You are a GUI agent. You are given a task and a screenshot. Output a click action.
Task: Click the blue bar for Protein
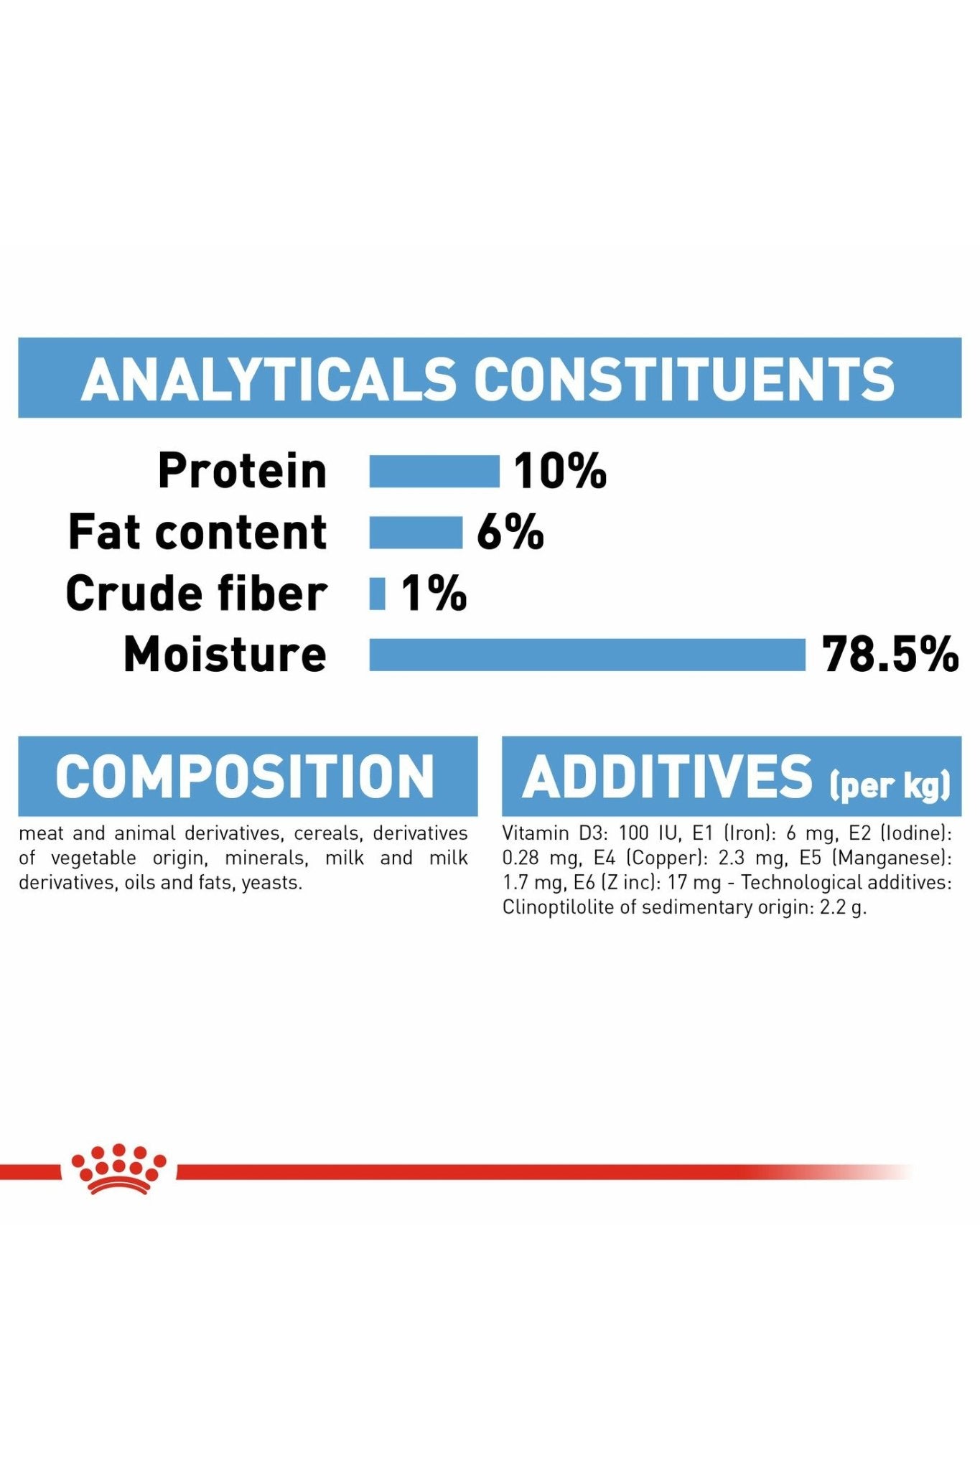click(x=434, y=472)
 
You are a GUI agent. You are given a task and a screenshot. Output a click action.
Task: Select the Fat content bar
click(x=416, y=533)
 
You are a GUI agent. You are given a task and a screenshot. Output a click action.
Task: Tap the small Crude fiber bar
click(x=377, y=594)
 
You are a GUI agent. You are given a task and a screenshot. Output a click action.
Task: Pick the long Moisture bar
click(x=587, y=655)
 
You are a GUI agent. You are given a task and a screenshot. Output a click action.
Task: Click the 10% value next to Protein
click(x=560, y=472)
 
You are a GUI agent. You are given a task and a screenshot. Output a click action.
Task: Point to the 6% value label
click(x=510, y=533)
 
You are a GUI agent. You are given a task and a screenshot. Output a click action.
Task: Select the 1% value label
click(x=434, y=594)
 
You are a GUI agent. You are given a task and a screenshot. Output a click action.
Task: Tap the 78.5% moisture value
click(x=890, y=655)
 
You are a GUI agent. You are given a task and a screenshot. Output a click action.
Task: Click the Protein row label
click(x=242, y=472)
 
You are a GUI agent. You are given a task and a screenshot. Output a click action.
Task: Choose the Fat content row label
click(x=197, y=533)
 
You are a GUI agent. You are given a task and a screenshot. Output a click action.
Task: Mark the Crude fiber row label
click(x=196, y=594)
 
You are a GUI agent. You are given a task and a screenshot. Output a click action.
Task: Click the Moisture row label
click(x=225, y=655)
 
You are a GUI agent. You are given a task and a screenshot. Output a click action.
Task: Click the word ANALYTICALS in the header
click(x=269, y=378)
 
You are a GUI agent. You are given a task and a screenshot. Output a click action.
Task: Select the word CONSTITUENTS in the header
click(x=685, y=378)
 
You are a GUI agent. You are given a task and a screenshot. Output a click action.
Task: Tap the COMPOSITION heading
click(x=245, y=776)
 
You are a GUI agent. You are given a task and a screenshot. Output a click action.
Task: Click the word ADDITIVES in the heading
click(x=668, y=776)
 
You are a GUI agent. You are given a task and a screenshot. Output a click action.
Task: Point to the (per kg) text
click(x=890, y=785)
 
